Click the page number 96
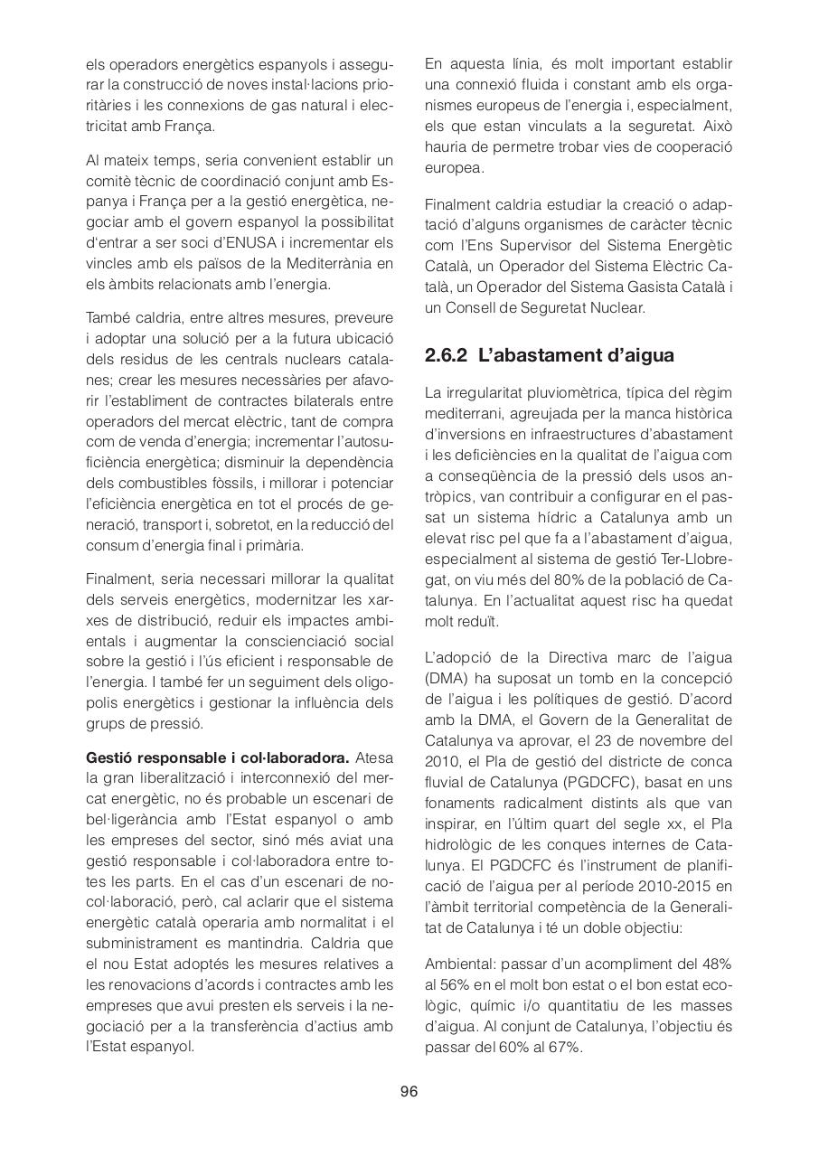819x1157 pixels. (409, 1092)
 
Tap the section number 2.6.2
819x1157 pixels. (446, 355)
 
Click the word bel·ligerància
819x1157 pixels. (133, 819)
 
